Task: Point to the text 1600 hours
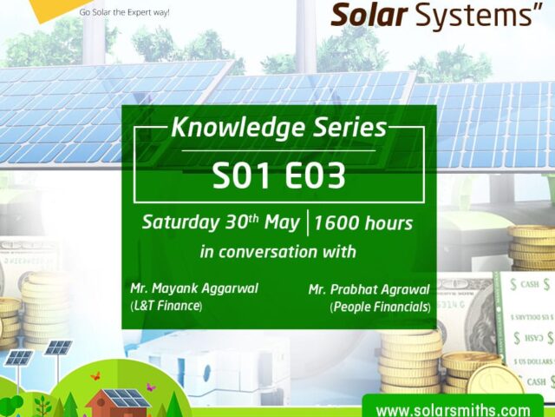tap(362, 223)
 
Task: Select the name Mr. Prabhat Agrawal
tap(369, 288)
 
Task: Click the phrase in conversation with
tap(277, 253)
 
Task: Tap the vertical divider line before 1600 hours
tap(307, 222)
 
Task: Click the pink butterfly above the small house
tap(95, 377)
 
